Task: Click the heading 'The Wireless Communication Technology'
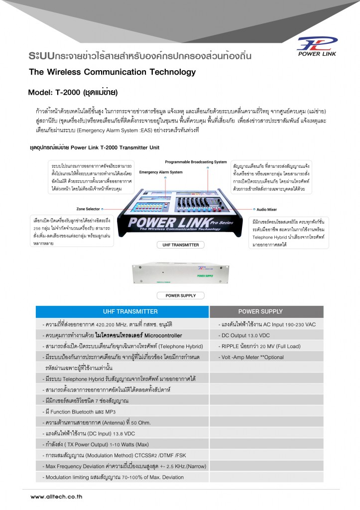coord(113,72)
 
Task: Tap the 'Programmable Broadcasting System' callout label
coord(196,162)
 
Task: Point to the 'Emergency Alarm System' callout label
coord(161,172)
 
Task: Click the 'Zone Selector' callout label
coord(88,209)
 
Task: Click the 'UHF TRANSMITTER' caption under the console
coord(180,245)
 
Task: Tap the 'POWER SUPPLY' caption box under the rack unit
coord(180,296)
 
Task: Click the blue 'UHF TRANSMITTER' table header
coord(122,312)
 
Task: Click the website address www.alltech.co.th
coord(57,497)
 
